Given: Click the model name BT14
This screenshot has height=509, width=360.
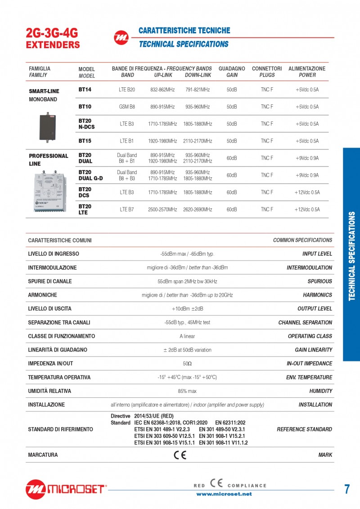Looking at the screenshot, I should (85, 90).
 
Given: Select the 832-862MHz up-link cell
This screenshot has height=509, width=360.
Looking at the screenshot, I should (162, 90).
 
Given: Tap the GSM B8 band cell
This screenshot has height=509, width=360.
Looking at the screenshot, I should (127, 107).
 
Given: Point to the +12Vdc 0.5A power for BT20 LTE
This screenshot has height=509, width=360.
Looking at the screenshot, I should (307, 209).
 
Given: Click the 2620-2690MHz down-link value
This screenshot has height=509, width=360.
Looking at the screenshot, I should (198, 209).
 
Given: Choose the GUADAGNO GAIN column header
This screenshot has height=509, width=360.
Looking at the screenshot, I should (232, 72).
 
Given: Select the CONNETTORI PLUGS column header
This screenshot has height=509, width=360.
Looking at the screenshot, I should (267, 72).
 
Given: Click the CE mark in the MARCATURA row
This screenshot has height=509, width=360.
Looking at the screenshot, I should (180, 455).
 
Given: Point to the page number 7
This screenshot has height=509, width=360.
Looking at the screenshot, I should (347, 489).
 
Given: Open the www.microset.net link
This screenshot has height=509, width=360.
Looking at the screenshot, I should (224, 494).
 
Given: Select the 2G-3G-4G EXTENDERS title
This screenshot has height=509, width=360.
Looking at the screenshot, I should (53, 39).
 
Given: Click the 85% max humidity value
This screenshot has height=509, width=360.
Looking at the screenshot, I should (187, 391).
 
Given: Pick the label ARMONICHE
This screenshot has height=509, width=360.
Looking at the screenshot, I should (42, 295).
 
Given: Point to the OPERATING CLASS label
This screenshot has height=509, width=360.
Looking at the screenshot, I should (310, 336).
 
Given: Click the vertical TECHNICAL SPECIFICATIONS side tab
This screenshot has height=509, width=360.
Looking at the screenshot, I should (351, 255).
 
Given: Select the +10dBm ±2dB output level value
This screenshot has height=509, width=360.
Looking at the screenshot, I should (187, 309).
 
